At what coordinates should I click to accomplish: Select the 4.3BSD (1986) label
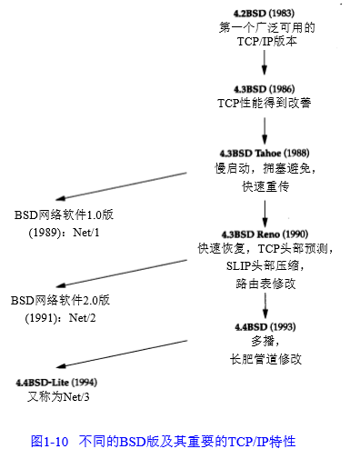[x=264, y=88]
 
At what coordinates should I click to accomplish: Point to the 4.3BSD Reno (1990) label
[x=265, y=234]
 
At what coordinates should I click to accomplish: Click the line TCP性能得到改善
[x=264, y=103]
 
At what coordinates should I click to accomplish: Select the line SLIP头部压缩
[x=264, y=265]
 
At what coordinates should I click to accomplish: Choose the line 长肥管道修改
[x=265, y=358]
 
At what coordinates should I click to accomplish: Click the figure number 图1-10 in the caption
[x=51, y=442]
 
